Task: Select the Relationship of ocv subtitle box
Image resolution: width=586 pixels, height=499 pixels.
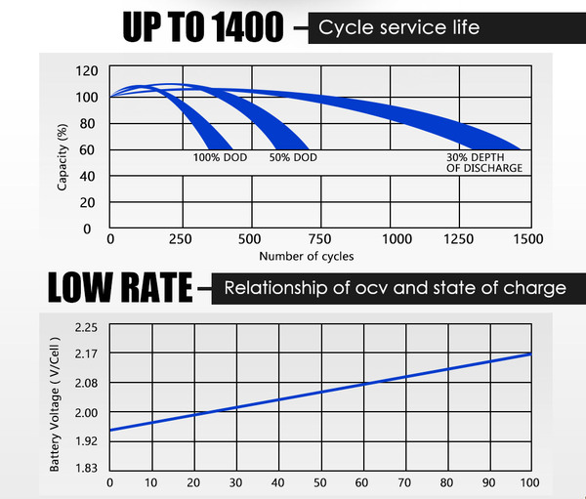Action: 395,288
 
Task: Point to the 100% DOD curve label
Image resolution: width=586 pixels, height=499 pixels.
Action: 220,157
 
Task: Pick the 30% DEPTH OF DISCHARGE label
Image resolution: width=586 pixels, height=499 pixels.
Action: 483,162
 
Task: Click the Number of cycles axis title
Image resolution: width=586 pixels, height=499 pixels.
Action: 306,256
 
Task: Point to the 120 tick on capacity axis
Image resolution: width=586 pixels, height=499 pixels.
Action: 87,70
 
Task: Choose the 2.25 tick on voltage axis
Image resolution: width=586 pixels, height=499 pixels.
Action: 87,327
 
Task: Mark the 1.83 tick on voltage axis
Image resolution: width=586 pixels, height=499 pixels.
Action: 87,469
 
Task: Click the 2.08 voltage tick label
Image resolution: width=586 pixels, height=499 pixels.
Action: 87,383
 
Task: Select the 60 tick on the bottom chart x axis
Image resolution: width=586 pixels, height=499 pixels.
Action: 362,482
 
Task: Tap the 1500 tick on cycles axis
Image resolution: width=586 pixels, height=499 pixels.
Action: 530,238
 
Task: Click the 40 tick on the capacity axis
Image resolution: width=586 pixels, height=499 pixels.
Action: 87,176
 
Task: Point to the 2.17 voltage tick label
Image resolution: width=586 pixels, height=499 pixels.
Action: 87,353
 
